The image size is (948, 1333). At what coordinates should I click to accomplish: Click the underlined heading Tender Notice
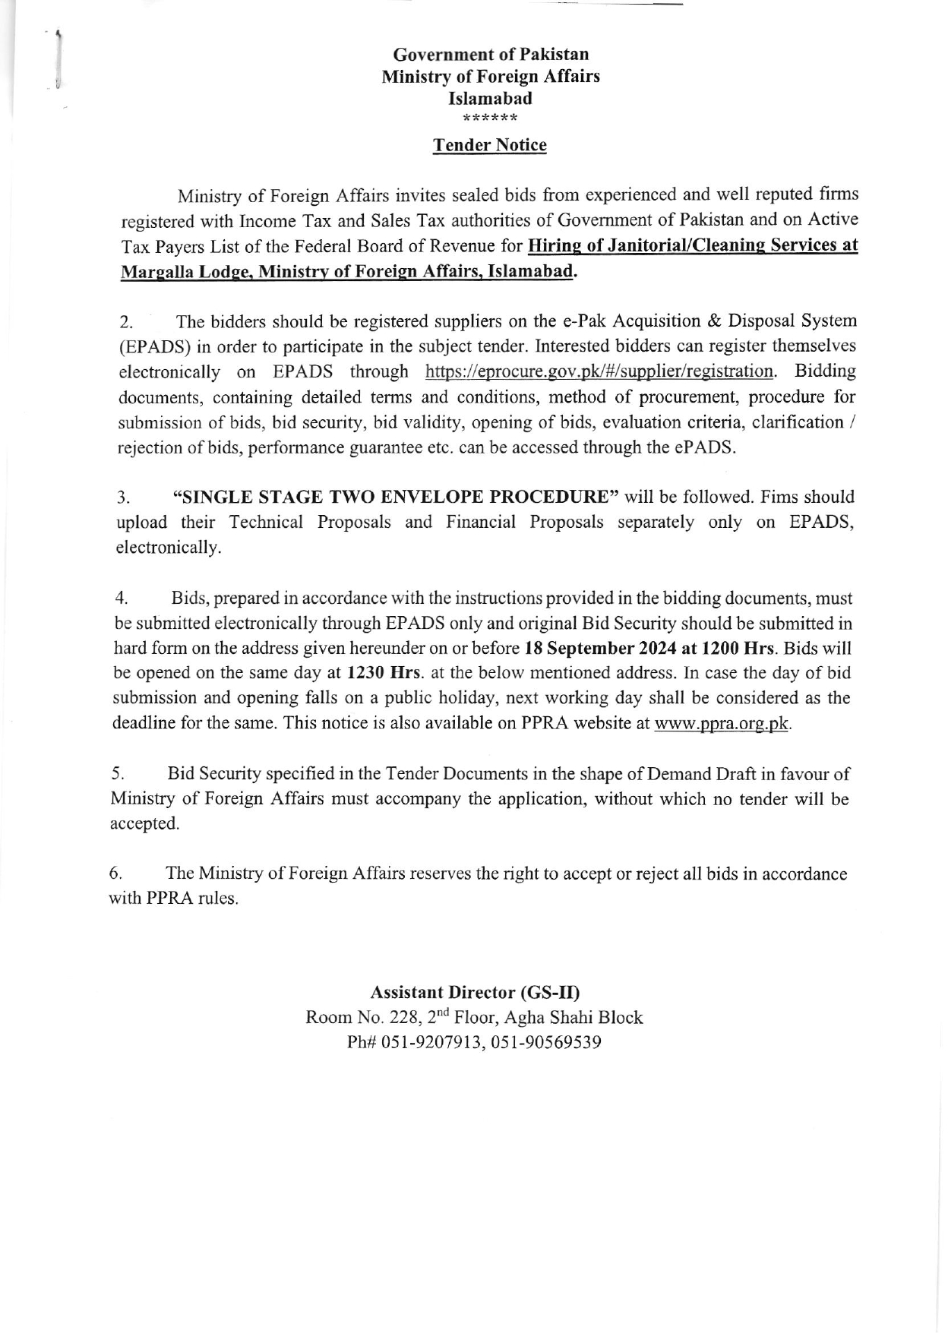point(489,145)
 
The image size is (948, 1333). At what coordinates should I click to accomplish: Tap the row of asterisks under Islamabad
point(490,118)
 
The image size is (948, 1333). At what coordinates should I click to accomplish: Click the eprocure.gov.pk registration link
point(599,371)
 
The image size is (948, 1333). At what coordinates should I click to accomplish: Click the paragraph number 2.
point(127,322)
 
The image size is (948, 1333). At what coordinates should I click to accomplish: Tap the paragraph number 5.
point(118,775)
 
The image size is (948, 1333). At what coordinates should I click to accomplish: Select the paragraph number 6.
point(116,874)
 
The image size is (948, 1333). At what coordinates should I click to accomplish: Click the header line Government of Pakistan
point(491,55)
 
